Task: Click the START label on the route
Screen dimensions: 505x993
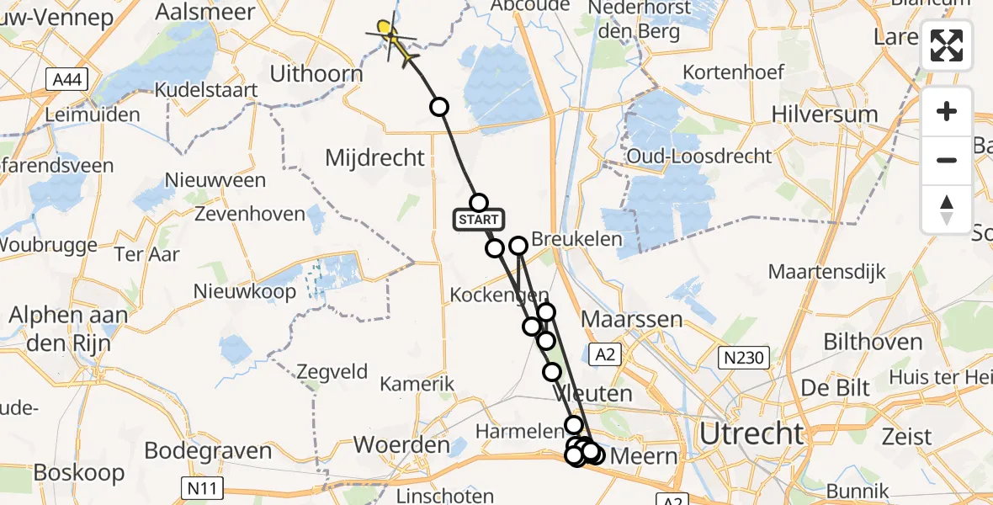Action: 479,221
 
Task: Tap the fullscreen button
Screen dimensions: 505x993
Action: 947,45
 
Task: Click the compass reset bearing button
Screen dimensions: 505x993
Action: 947,210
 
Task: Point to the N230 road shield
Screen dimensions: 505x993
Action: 743,359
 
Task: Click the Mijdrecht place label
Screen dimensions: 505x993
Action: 375,157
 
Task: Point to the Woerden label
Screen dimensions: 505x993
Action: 401,444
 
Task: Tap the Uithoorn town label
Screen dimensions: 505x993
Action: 316,74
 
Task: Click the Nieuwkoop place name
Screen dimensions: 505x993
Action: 245,292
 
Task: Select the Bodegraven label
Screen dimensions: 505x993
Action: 208,450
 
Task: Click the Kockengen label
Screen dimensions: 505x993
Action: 500,295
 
